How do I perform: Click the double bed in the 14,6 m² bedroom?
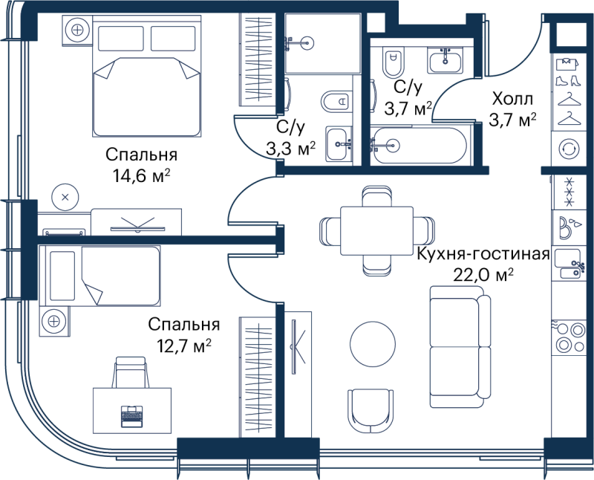tap(146, 76)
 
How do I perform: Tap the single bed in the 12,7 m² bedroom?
tap(99, 276)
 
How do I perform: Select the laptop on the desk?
tap(132, 416)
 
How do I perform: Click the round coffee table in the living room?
tap(373, 344)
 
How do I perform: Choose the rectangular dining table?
tap(376, 231)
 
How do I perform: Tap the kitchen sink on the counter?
tap(569, 263)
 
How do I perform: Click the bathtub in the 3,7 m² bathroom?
tap(418, 145)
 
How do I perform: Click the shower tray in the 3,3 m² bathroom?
tap(322, 43)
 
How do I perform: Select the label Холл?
tap(512, 99)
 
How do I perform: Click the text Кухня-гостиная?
tap(483, 254)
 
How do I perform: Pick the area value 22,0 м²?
tap(483, 275)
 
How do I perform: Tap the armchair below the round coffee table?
tap(371, 411)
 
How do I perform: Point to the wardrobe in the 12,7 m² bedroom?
tap(257, 377)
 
